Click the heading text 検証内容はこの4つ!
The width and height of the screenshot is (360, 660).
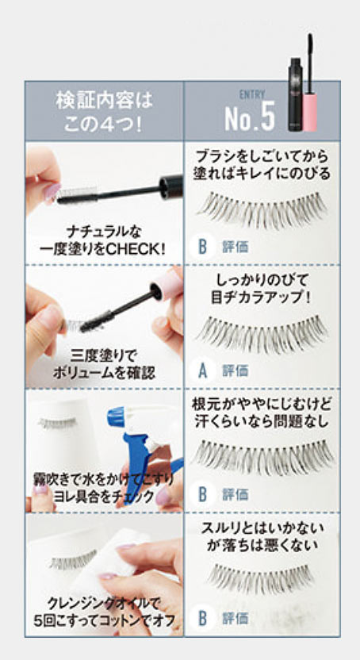pos(104,112)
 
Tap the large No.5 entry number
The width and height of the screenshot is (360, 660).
pos(250,116)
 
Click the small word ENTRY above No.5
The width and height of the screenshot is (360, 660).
pos(252,95)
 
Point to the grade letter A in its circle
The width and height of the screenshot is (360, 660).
pos(202,370)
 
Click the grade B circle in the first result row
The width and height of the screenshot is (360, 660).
pos(202,247)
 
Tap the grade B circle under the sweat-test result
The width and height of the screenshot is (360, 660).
pos(202,494)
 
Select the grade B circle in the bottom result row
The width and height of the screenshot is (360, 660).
pos(202,618)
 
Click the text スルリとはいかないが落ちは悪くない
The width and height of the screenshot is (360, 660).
pos(262,535)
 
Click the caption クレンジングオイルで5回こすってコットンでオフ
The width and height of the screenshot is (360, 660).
pos(104,612)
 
